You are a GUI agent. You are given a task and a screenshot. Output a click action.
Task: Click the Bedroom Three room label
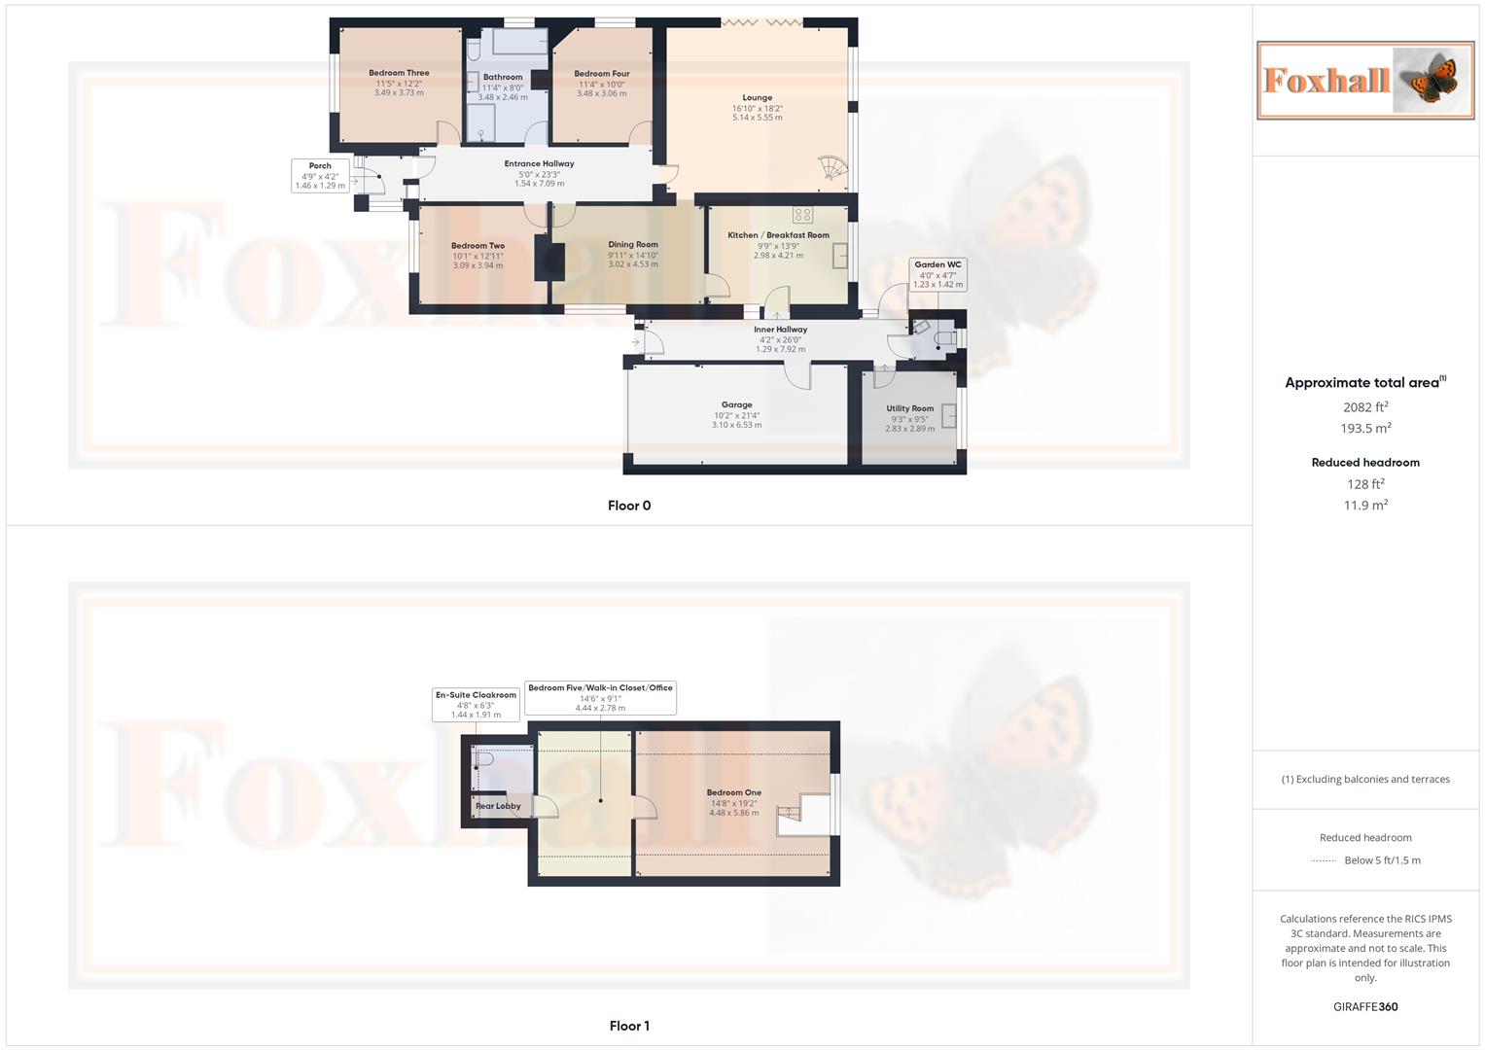tap(399, 73)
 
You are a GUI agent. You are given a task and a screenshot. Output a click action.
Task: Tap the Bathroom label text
tap(503, 77)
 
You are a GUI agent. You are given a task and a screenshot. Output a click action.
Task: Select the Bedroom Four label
tap(601, 74)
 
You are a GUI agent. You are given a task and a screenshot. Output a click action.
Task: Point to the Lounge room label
tap(757, 98)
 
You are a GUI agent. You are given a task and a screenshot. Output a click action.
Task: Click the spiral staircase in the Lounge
tap(832, 169)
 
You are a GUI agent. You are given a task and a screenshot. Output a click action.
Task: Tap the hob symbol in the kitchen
tap(802, 215)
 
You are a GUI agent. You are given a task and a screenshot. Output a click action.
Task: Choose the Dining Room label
tap(633, 245)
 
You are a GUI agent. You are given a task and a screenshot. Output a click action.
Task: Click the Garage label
tap(736, 405)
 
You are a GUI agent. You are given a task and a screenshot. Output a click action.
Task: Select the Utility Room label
tap(909, 409)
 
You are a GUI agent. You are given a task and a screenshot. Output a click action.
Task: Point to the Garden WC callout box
tap(937, 274)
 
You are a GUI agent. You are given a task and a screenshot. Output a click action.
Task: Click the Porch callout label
tap(320, 176)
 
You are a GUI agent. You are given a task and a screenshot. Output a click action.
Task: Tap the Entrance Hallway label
tap(539, 164)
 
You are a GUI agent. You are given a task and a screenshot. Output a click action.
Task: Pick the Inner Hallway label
tap(780, 330)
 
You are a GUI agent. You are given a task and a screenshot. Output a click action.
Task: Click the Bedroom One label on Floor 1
tap(733, 793)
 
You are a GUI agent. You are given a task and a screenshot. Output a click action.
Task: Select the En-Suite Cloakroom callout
tap(476, 705)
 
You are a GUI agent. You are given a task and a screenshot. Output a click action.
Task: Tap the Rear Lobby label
tap(498, 806)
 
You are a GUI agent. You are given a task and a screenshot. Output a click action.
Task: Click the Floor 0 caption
tap(629, 506)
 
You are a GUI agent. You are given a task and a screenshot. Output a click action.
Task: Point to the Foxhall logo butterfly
tap(1430, 80)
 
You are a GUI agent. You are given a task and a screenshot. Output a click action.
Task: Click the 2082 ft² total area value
tap(1365, 407)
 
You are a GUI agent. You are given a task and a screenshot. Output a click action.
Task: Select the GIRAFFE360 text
tap(1365, 1007)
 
